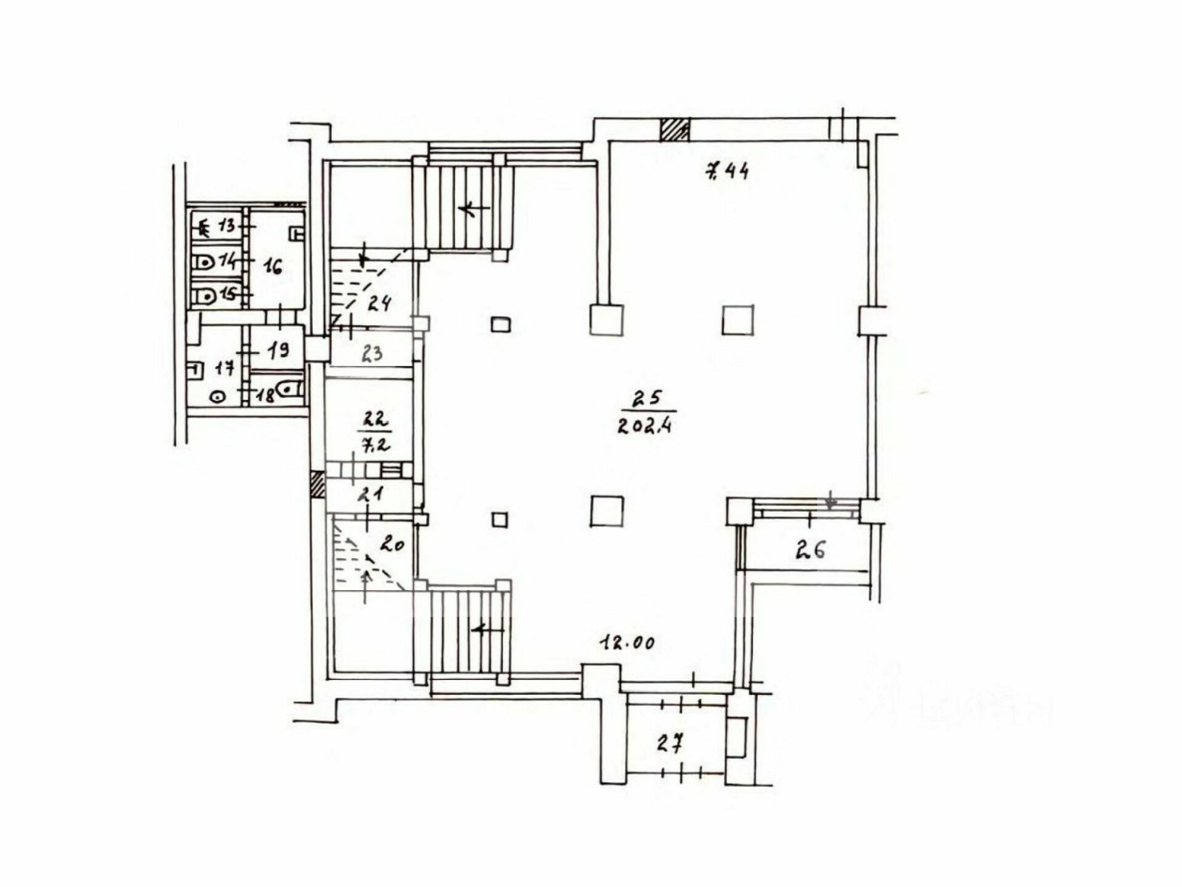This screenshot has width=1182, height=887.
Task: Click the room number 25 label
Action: click(648, 399)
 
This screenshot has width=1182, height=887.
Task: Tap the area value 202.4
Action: click(645, 426)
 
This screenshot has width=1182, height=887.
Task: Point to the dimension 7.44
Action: click(726, 171)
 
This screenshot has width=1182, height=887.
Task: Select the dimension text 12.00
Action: click(627, 643)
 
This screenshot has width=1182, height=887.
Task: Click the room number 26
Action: click(810, 549)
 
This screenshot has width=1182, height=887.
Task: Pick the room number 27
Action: click(670, 744)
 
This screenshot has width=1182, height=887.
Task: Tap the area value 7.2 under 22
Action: click(376, 443)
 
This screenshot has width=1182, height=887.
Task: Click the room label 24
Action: click(379, 303)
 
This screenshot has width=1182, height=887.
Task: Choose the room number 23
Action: click(372, 354)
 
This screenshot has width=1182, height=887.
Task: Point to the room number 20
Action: click(392, 544)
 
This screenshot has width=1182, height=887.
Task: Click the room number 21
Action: click(372, 493)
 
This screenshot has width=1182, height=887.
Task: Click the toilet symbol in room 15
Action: click(203, 297)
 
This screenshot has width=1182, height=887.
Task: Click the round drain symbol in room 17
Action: click(217, 397)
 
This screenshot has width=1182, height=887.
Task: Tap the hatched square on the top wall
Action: click(675, 130)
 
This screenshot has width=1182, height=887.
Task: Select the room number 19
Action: click(277, 350)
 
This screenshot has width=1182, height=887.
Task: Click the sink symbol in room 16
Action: click(297, 233)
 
